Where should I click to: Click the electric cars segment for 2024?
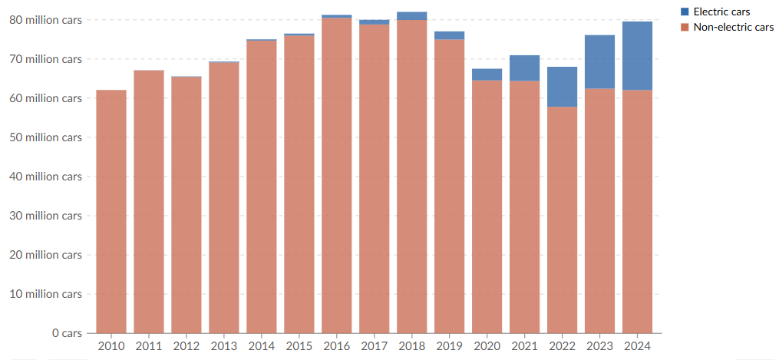click(x=637, y=56)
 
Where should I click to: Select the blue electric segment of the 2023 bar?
click(x=599, y=62)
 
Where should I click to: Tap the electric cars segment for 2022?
click(x=562, y=87)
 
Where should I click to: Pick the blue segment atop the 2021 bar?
click(x=524, y=68)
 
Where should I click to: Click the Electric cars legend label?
click(x=721, y=12)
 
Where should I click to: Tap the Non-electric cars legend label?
click(x=733, y=28)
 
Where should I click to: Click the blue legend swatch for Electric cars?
click(x=685, y=12)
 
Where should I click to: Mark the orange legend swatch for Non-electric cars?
click(x=685, y=28)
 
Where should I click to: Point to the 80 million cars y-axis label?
click(x=45, y=20)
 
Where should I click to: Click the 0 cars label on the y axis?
click(x=66, y=333)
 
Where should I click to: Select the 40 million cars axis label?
click(x=45, y=177)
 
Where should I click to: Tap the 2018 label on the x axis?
click(x=412, y=346)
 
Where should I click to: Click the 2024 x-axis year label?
click(x=637, y=346)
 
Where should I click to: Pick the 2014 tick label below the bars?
click(x=262, y=346)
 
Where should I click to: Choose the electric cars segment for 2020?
click(x=487, y=74)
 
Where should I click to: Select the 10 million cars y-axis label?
click(x=45, y=294)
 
